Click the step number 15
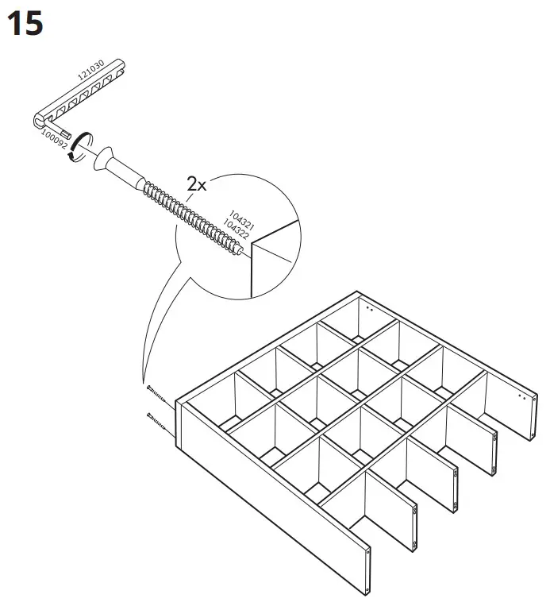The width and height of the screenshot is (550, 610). point(25,24)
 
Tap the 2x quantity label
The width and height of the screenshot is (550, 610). point(196,184)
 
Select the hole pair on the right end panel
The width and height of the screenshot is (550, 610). point(521,395)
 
